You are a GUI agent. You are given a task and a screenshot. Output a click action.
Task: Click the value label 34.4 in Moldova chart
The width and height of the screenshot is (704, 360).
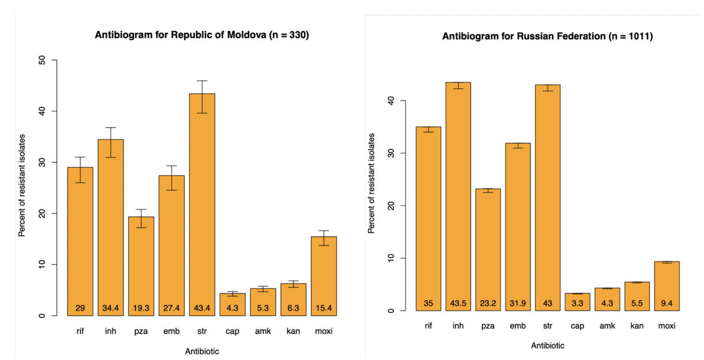point(111,308)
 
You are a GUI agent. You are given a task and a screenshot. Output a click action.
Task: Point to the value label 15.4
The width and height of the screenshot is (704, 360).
point(324,308)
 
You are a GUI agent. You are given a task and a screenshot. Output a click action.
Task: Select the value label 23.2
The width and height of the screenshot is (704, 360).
point(488,303)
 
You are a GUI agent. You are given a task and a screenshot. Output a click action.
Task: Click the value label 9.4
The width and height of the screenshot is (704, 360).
point(667,303)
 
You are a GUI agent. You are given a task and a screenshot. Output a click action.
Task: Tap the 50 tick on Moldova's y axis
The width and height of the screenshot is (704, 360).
point(42,60)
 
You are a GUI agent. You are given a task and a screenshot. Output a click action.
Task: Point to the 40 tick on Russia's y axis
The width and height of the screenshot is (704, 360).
point(391,101)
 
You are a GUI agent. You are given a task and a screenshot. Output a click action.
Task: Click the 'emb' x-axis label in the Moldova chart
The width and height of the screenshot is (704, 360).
point(172,331)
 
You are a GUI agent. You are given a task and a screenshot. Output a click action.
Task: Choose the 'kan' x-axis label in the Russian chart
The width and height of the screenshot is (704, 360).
point(637,326)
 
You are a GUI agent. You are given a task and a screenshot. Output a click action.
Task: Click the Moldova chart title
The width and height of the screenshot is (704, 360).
point(202,35)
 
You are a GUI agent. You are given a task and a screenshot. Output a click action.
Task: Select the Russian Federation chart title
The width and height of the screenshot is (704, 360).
point(547,36)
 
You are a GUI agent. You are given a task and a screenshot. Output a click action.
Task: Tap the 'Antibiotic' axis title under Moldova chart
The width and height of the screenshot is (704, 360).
point(202,351)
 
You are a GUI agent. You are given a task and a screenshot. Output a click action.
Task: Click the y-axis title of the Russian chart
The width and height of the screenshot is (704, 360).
point(371,183)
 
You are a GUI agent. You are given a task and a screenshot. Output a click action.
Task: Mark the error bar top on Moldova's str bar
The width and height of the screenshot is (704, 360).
point(202,81)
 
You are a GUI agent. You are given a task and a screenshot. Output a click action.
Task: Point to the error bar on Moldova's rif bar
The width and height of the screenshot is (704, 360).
point(80,170)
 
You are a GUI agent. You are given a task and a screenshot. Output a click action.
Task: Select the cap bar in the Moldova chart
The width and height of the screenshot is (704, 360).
point(233,304)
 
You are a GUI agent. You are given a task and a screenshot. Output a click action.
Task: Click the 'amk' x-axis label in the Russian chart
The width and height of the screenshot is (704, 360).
point(607,326)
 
